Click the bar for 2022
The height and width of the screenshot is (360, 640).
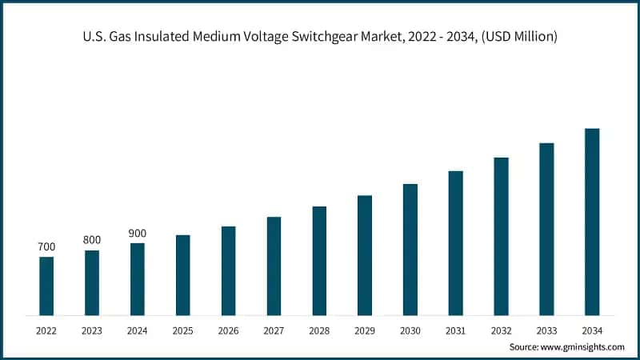(46, 286)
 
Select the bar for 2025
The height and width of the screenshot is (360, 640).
(183, 275)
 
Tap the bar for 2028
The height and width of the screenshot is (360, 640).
(319, 261)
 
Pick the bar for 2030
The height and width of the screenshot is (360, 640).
(410, 250)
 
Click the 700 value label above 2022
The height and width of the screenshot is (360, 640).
(46, 247)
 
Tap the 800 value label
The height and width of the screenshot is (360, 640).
(92, 240)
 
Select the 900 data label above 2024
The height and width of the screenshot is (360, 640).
(138, 233)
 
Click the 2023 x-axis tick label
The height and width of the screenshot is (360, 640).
(92, 330)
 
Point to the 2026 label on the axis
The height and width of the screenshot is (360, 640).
(228, 330)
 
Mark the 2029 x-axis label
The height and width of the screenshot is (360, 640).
(365, 330)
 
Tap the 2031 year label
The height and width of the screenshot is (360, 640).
(455, 330)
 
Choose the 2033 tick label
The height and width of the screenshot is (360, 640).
(546, 330)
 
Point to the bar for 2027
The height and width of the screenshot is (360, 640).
(274, 266)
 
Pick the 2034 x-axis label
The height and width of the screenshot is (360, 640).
(592, 330)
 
